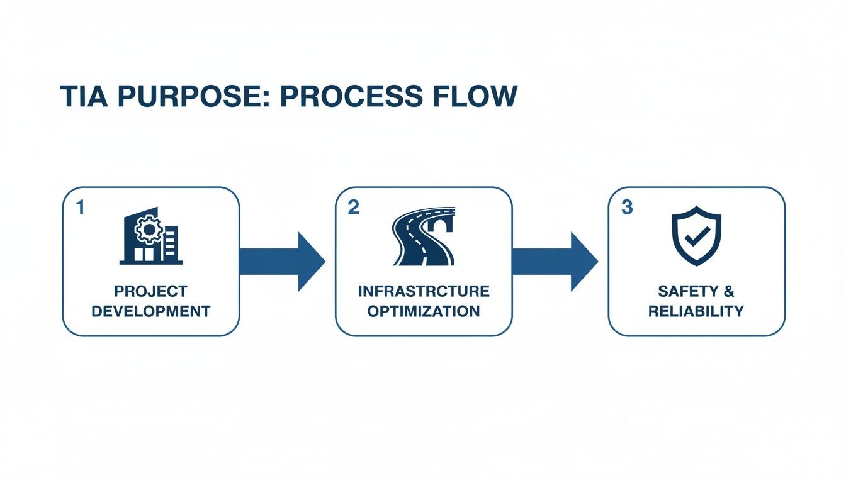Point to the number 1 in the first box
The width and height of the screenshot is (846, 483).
(79, 208)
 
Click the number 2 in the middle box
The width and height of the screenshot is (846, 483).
(353, 208)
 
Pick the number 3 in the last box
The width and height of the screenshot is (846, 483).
(626, 208)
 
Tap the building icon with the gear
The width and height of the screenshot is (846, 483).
(150, 238)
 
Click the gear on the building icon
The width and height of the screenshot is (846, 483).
(149, 230)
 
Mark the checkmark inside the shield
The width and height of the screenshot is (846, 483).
(696, 238)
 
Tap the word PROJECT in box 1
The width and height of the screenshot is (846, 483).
(150, 291)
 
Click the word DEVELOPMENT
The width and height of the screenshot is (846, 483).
(150, 311)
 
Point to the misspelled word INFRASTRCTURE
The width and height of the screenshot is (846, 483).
(424, 291)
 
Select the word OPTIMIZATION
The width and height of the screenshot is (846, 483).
(424, 311)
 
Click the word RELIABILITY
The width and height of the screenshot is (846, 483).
(696, 311)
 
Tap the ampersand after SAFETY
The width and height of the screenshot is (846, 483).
(728, 291)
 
